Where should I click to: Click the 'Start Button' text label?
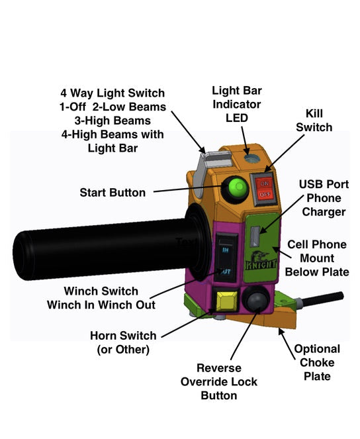tap(112, 193)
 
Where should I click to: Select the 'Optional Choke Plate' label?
tap(317, 362)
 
